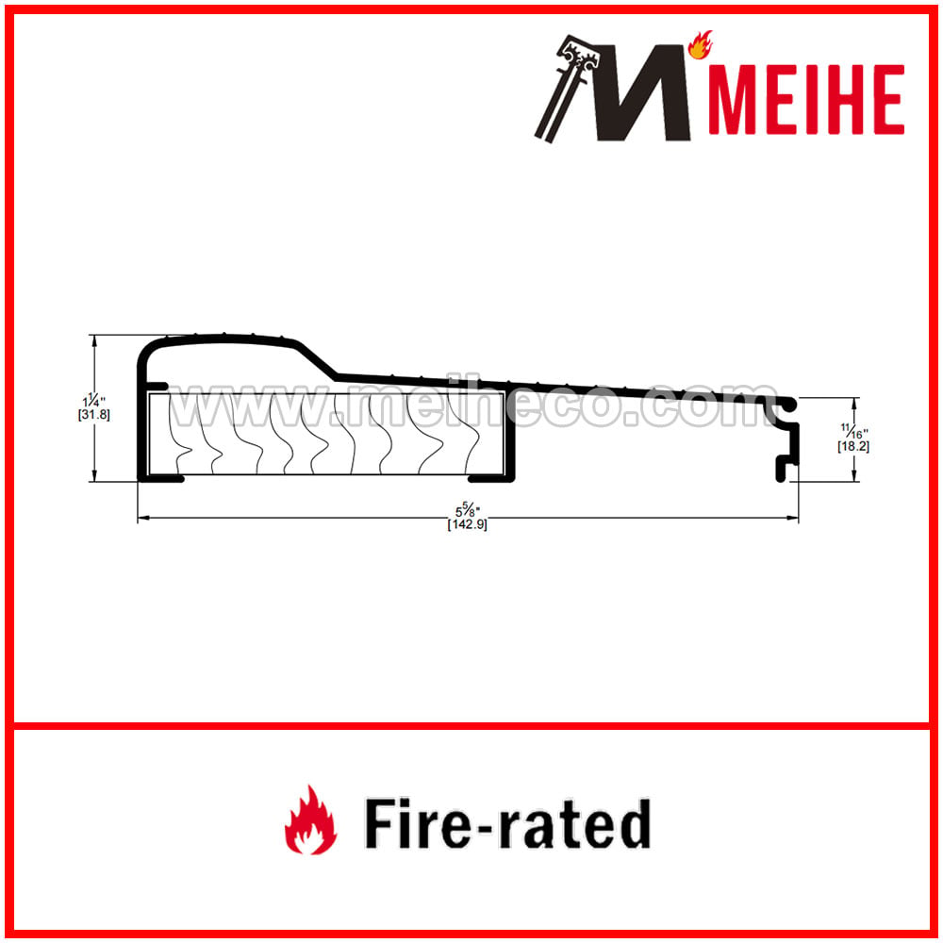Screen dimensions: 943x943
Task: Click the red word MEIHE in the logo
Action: pyautogui.click(x=807, y=99)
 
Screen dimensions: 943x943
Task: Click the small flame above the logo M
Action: pyautogui.click(x=700, y=45)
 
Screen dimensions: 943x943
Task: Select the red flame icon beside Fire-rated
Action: pyautogui.click(x=310, y=819)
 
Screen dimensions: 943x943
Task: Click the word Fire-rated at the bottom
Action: pyautogui.click(x=508, y=822)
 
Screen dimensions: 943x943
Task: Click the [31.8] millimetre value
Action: pyautogui.click(x=93, y=414)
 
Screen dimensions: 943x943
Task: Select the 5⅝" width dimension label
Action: pyautogui.click(x=468, y=512)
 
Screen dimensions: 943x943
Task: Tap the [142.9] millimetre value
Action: pyautogui.click(x=468, y=524)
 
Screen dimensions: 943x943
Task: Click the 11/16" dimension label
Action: pyautogui.click(x=854, y=431)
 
